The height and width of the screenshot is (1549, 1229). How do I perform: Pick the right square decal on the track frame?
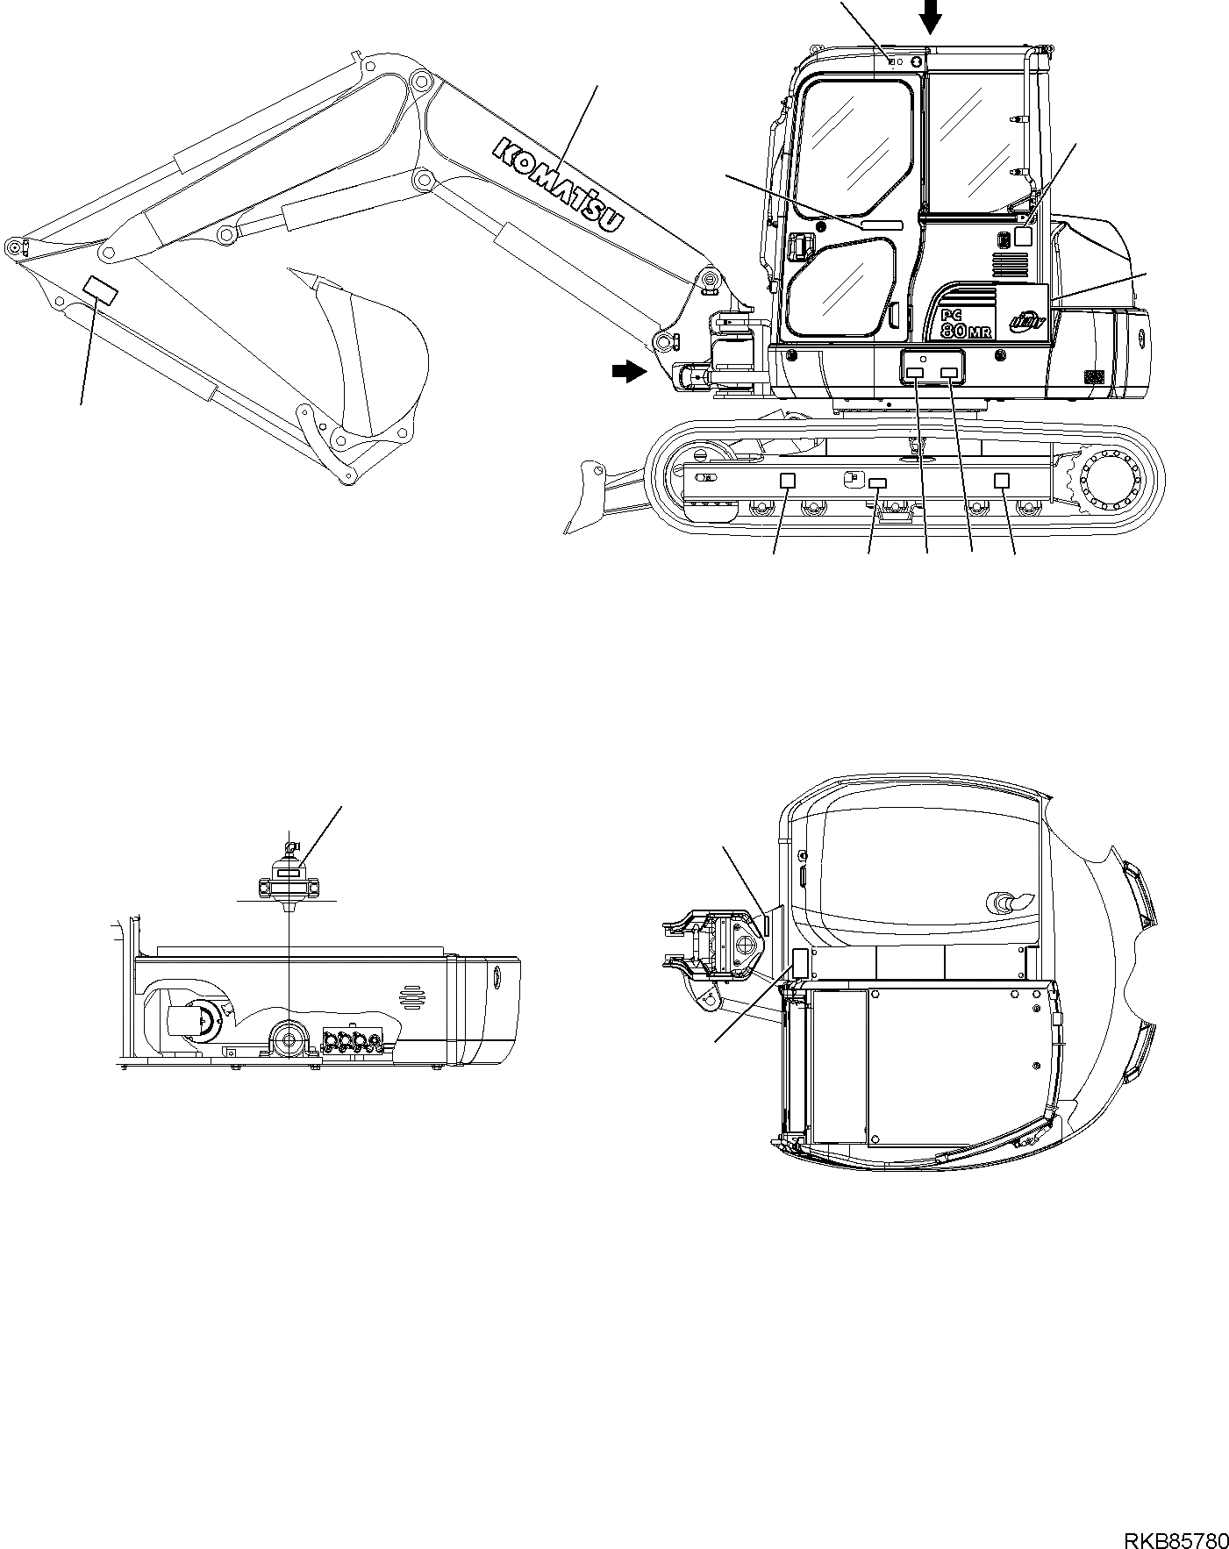tap(1001, 480)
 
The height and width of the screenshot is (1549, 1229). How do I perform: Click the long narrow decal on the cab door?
tap(881, 225)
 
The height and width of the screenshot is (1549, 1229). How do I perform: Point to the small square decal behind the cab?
tap(1023, 235)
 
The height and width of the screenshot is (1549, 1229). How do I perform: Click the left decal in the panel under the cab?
tap(914, 374)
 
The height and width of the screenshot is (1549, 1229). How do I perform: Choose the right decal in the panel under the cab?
tap(949, 374)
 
